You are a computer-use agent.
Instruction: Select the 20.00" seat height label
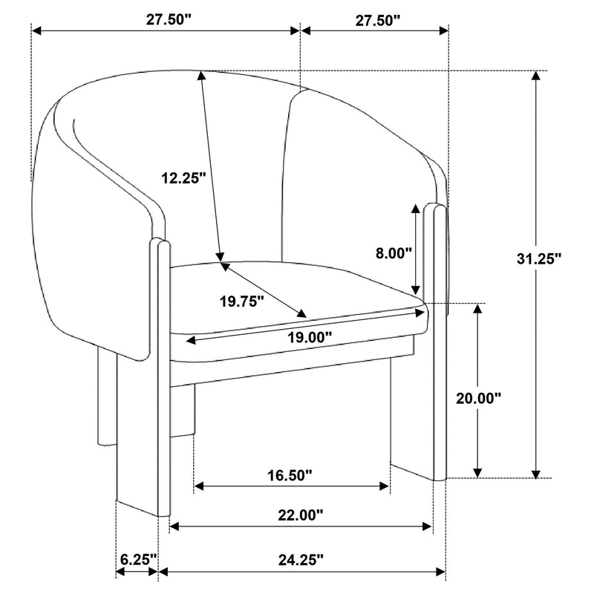(x=478, y=398)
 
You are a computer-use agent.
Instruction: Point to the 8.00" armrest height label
(x=394, y=252)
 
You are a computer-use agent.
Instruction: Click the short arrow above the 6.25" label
(x=137, y=572)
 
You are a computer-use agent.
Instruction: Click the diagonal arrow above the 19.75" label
(x=263, y=288)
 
